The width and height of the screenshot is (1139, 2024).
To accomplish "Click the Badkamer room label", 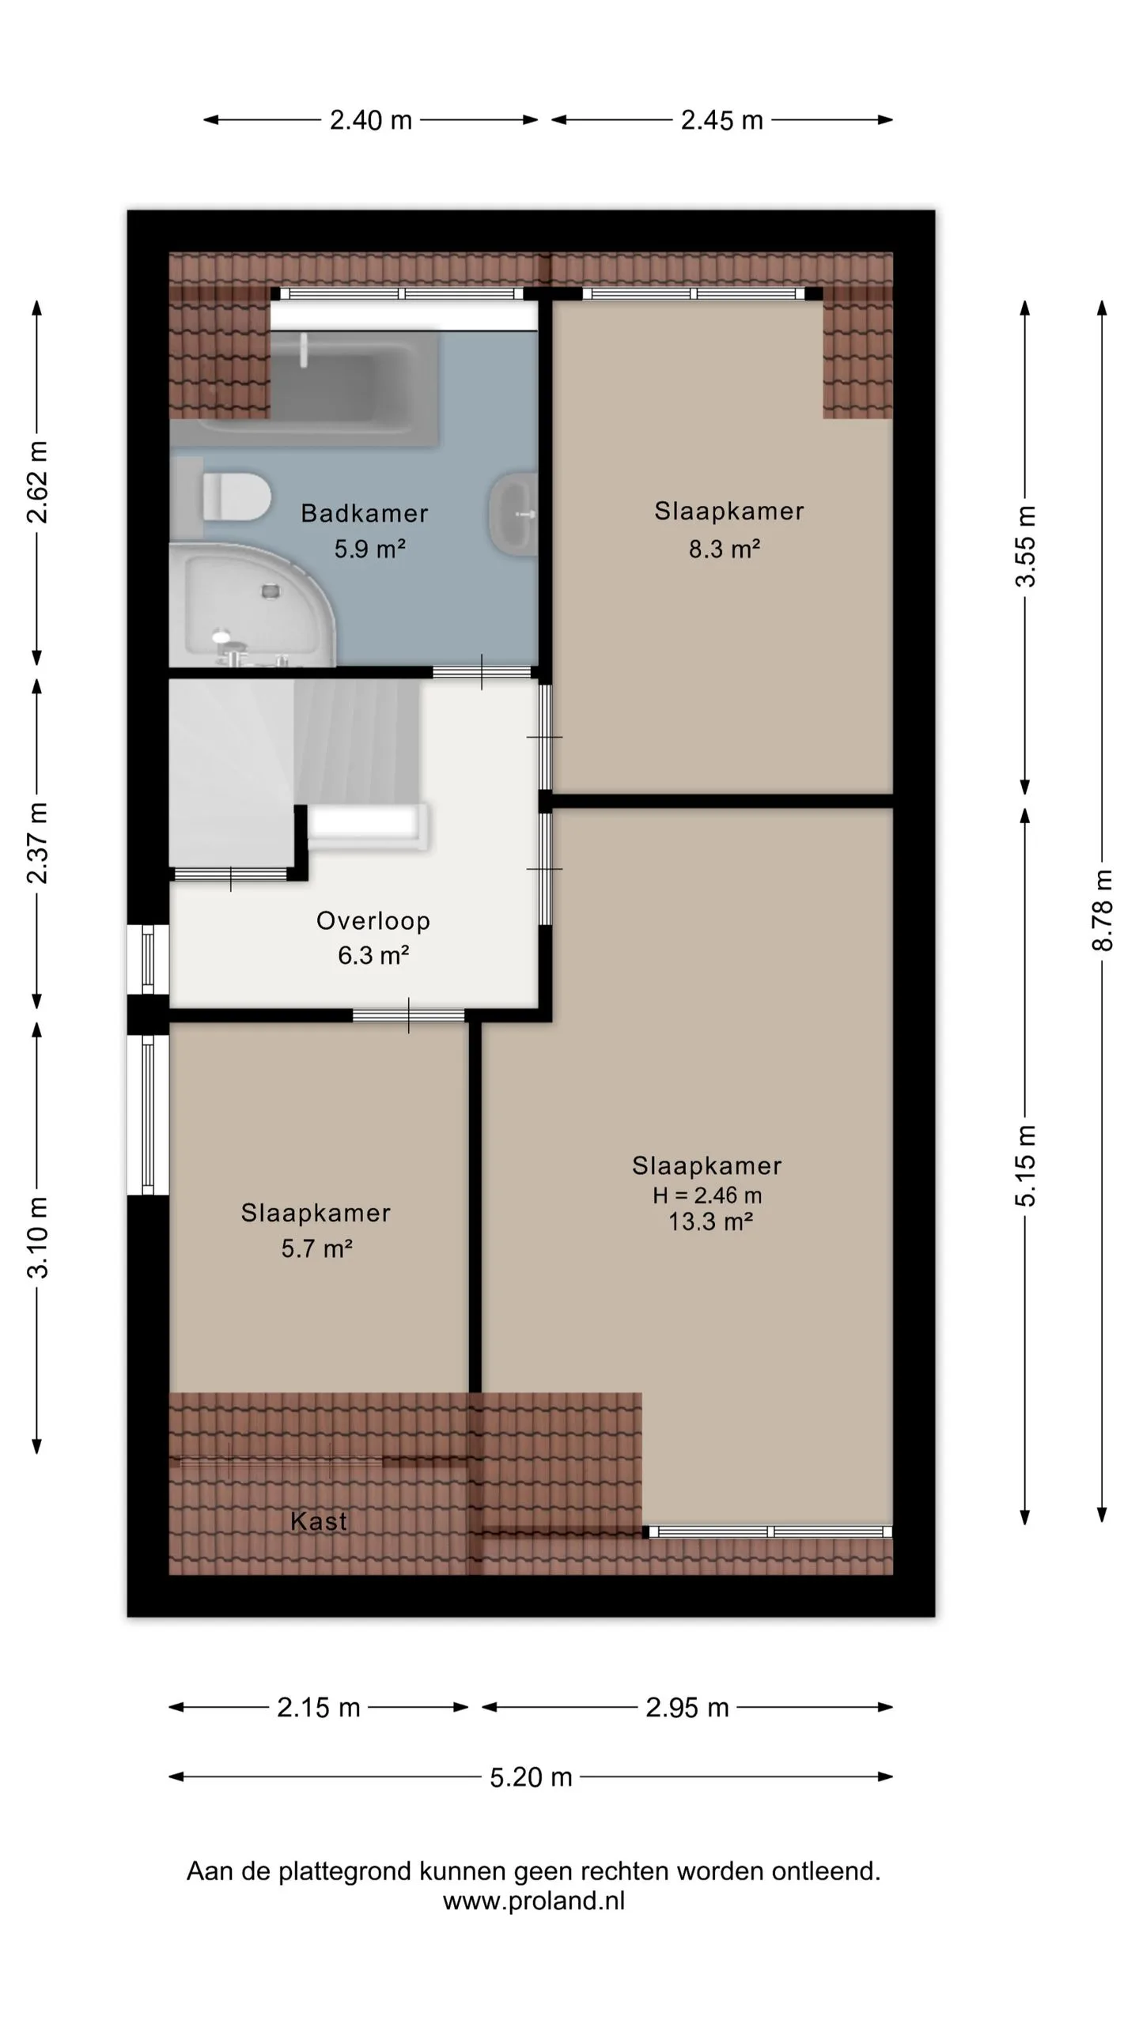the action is tap(365, 513).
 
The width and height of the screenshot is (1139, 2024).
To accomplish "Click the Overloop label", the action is tap(373, 920).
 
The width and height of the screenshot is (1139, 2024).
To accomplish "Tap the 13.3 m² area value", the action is tap(710, 1222).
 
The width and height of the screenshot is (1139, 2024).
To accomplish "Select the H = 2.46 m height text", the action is tap(707, 1195).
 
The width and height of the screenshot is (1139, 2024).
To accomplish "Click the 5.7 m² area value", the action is tap(316, 1248).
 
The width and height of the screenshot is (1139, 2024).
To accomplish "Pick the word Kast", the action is tap(318, 1520).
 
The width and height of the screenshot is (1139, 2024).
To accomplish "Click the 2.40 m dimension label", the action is tap(371, 120).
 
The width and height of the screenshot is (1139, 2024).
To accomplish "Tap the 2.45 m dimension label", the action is tap(722, 120).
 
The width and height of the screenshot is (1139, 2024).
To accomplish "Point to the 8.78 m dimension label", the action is tap(1103, 910).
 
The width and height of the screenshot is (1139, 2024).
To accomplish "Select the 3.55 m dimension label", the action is tap(1025, 546).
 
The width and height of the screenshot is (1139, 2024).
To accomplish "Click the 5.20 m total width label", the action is tap(531, 1777).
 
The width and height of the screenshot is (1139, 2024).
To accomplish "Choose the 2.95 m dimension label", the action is tap(687, 1707).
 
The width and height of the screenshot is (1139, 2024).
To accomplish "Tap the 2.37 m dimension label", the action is tap(37, 842).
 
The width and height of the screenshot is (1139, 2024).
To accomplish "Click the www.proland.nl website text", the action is tap(534, 1900).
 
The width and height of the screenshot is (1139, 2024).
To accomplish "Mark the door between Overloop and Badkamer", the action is tap(482, 672).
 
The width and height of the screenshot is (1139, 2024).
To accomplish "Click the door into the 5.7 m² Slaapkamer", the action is tap(408, 1015).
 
